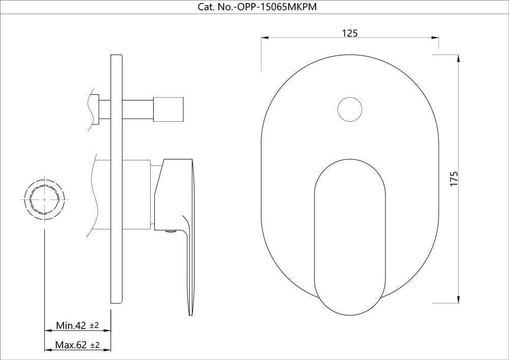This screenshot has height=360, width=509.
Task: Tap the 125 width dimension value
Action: (350, 33)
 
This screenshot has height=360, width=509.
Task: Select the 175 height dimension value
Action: (454, 179)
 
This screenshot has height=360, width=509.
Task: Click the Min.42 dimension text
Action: (71, 325)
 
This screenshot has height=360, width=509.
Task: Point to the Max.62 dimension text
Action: (71, 345)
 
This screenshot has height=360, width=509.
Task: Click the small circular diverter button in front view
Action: (350, 109)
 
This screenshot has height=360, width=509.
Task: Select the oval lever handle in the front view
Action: (350, 234)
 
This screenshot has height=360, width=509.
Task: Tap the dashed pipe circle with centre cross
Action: (45, 200)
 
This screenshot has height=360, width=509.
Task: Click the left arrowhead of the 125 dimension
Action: (264, 38)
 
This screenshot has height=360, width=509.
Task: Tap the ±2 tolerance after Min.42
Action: (94, 325)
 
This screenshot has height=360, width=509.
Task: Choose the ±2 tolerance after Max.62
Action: (95, 345)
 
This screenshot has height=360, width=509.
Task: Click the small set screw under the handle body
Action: (172, 232)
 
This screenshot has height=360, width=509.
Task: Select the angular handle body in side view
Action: (171, 193)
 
